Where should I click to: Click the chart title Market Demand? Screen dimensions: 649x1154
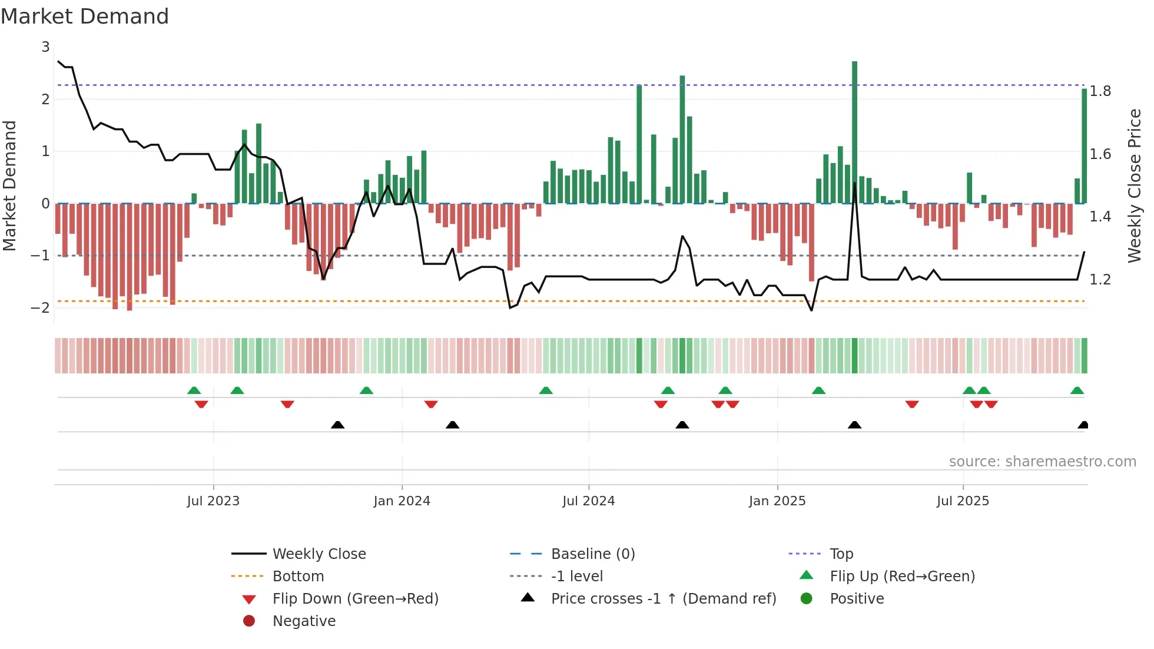click(x=85, y=16)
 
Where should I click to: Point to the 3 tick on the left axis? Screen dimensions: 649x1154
click(x=45, y=47)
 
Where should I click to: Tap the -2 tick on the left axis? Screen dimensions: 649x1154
click(x=41, y=307)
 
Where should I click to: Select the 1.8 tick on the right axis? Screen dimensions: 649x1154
click(x=1100, y=91)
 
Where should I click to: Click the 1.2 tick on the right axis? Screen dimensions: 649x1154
click(x=1100, y=280)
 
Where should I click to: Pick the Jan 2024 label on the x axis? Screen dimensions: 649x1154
click(x=402, y=501)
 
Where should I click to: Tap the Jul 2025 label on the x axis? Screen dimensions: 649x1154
click(x=963, y=501)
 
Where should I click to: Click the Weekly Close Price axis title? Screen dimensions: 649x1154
click(x=1134, y=186)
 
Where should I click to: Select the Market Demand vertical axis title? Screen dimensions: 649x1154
click(x=10, y=186)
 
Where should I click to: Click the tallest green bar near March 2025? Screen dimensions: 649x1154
click(x=854, y=133)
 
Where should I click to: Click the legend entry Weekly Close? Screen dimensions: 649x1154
click(x=319, y=554)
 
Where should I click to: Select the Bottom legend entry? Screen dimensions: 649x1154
click(x=298, y=577)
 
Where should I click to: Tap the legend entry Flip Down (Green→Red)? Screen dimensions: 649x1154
click(x=355, y=599)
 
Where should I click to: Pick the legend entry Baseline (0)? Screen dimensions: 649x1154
click(x=592, y=554)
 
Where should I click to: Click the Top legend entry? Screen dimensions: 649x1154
click(x=841, y=554)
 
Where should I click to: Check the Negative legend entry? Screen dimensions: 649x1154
click(x=304, y=621)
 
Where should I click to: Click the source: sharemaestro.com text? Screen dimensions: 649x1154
click(x=1042, y=462)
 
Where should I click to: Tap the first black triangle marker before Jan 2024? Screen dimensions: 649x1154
click(x=337, y=425)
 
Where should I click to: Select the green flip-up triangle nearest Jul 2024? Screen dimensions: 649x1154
click(x=546, y=390)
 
